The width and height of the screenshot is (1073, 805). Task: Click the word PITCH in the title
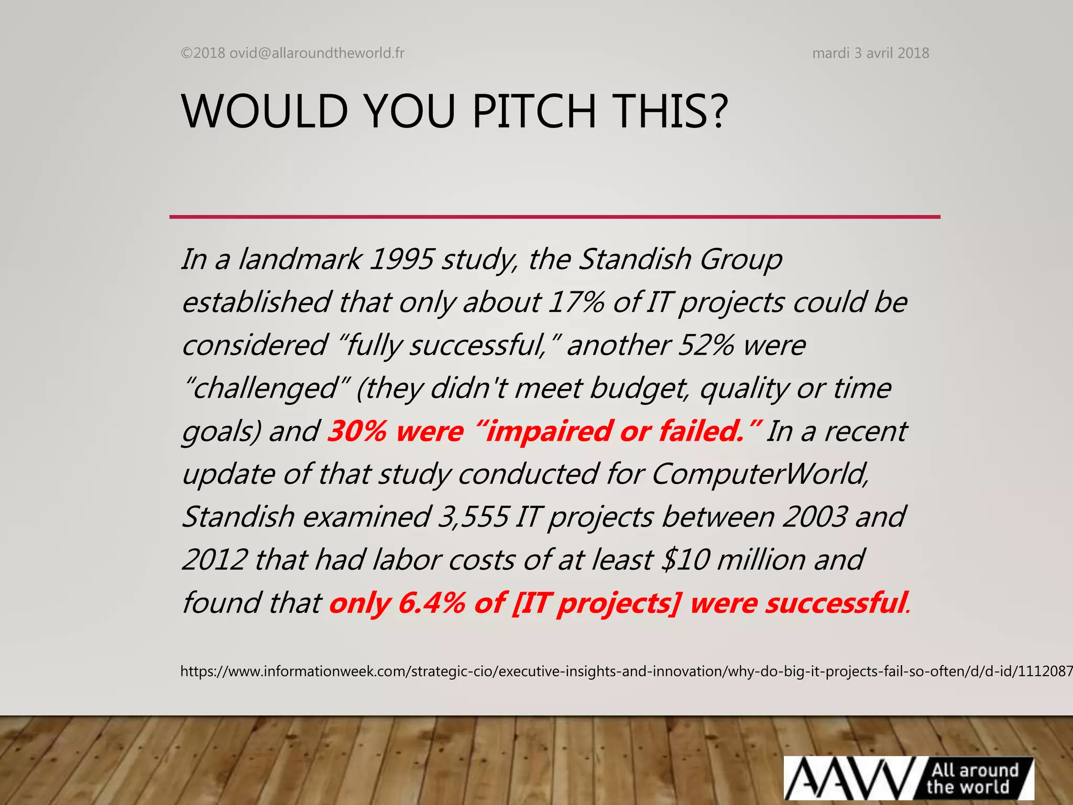534,111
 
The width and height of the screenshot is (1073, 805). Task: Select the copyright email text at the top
292,53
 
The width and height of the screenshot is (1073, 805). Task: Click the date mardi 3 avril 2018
870,53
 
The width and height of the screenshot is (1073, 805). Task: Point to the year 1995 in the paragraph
401,259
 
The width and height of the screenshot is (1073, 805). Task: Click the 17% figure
576,302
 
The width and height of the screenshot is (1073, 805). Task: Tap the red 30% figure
357,431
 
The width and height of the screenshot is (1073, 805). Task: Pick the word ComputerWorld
760,474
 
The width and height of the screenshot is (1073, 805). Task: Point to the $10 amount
685,560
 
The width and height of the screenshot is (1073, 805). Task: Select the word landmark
299,259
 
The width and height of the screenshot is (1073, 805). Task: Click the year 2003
815,517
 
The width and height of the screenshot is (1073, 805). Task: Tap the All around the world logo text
974,778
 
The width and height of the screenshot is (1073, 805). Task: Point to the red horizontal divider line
554,216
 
